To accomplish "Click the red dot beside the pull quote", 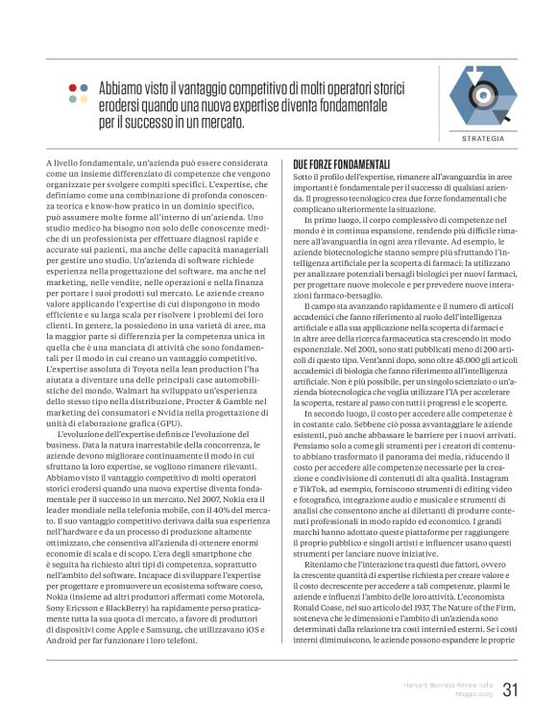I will click(73, 87).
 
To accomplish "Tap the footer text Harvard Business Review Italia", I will click(448, 686).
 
